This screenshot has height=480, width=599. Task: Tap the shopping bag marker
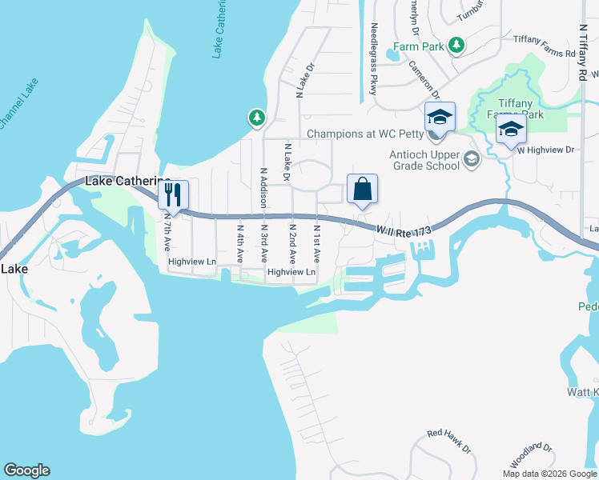click(362, 190)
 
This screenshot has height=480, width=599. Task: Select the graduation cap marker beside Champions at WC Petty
click(440, 117)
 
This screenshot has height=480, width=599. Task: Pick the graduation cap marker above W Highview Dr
click(510, 129)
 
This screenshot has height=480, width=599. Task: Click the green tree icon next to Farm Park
click(456, 46)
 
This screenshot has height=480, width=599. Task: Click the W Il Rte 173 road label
click(404, 230)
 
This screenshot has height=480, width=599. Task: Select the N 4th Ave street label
click(239, 243)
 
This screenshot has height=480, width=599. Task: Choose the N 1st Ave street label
click(316, 244)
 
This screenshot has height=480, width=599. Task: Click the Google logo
click(26, 470)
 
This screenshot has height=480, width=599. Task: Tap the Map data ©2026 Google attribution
click(549, 474)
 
